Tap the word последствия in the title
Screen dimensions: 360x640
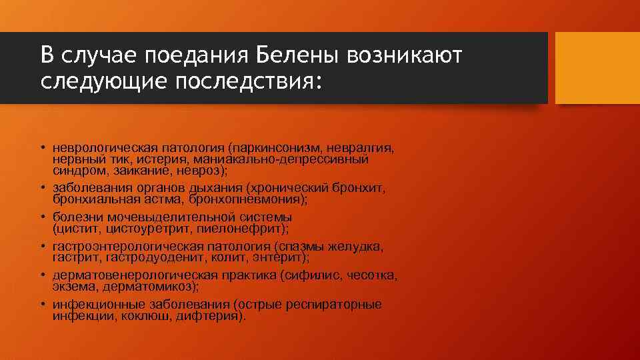(245, 82)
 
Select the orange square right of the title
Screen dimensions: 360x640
(597, 68)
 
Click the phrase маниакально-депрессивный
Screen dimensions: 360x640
(287, 159)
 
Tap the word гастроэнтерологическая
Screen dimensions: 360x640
(117, 247)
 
